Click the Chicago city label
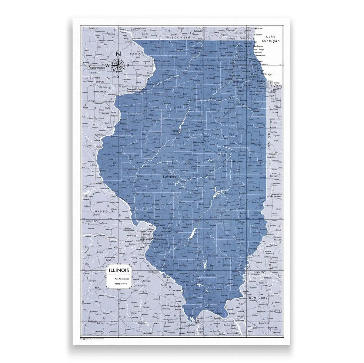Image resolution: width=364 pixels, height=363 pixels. [267, 74]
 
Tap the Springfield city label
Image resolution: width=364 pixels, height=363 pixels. [169, 176]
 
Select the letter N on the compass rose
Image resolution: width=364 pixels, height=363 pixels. [119, 54]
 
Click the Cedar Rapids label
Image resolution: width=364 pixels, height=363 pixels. [97, 68]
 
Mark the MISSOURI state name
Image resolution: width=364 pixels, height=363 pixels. [105, 211]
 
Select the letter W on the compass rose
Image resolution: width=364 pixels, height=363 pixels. [107, 65]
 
